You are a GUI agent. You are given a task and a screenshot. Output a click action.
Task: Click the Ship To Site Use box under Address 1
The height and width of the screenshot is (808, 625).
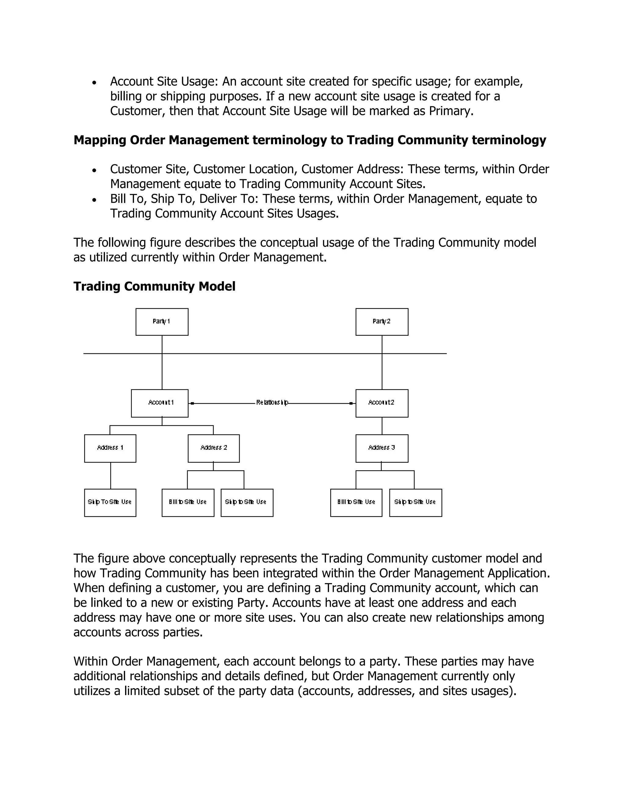point(110,503)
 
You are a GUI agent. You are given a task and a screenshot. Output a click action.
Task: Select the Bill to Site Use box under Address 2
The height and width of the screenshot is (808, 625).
point(188,503)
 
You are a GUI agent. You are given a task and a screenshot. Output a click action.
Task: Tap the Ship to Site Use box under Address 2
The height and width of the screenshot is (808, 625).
point(247,503)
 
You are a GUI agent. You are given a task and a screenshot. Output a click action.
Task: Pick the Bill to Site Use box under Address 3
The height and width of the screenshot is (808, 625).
point(356,503)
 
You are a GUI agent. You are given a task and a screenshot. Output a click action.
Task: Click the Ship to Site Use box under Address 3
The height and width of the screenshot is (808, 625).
point(415,503)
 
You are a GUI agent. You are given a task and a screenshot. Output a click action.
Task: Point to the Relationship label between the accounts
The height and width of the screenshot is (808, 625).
point(272,402)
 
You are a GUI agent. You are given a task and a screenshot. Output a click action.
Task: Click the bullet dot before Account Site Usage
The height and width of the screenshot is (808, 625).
point(94,83)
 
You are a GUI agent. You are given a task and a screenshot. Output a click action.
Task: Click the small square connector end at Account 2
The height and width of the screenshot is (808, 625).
point(351,403)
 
